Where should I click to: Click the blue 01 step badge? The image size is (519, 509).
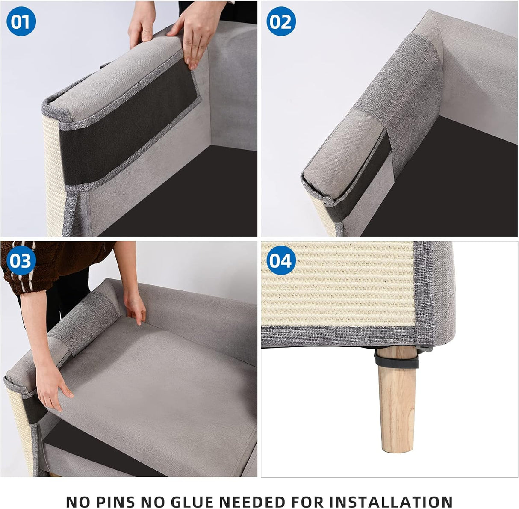tap(21, 21)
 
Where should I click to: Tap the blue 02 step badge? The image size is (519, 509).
tap(281, 21)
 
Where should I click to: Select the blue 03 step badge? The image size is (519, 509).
tap(21, 260)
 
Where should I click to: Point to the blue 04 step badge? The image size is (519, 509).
tap(281, 260)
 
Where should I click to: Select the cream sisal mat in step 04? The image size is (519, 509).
tap(338, 291)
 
